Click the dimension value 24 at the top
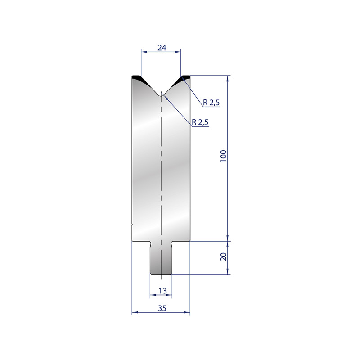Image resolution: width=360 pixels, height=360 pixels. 162,48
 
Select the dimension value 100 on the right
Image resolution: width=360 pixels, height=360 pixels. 223,156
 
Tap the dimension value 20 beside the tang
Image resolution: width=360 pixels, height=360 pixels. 223,256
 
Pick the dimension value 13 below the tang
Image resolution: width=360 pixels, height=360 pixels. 162,291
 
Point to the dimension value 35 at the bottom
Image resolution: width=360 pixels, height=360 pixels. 162,308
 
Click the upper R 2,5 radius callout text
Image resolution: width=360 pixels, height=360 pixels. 211,103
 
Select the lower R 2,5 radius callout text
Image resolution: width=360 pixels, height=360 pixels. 200,122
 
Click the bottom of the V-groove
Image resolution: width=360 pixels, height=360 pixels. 161,96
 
